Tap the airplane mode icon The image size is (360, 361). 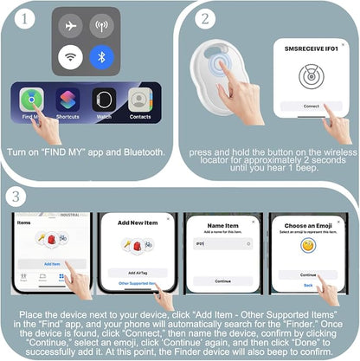71,26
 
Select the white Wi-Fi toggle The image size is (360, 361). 71,58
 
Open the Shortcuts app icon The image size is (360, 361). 68,99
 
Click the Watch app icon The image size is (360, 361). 104,99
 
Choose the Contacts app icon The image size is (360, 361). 140,99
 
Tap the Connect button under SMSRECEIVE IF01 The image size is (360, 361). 311,106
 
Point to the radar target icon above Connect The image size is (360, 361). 311,76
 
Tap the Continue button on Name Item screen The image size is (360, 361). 223,280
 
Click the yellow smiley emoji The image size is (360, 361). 307,246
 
